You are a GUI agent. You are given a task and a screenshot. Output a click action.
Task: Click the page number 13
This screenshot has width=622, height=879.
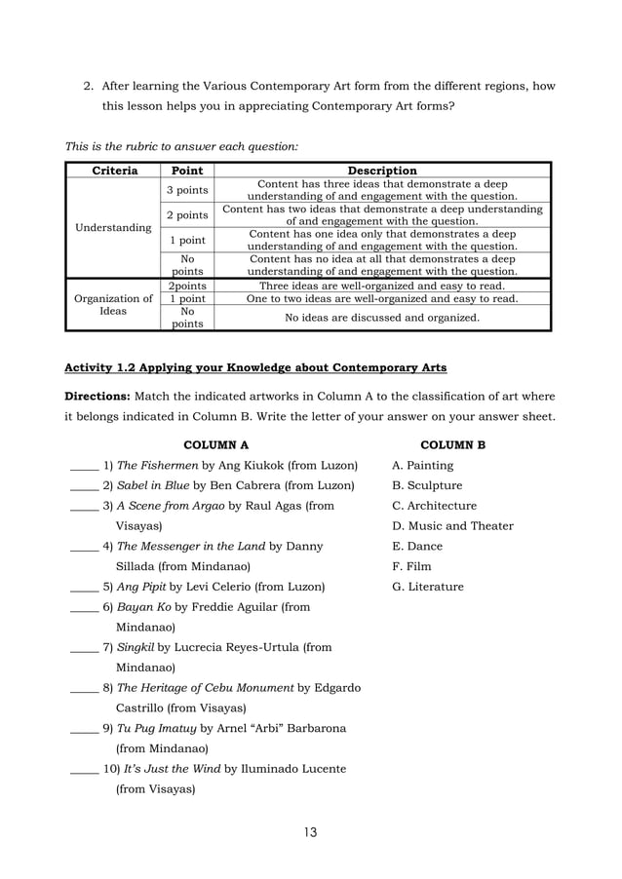(x=310, y=831)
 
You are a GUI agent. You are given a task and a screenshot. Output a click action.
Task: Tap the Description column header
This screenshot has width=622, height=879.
(x=381, y=171)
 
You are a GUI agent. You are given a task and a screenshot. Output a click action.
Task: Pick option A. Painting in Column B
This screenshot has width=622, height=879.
(x=422, y=466)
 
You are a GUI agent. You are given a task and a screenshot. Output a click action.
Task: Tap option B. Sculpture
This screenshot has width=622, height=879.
(x=427, y=485)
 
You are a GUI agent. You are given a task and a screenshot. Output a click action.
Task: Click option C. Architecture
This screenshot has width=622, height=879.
(x=434, y=506)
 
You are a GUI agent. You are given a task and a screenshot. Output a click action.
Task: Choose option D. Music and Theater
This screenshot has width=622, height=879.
(x=452, y=526)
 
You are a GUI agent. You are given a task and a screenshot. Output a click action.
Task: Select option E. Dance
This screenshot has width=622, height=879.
(x=416, y=547)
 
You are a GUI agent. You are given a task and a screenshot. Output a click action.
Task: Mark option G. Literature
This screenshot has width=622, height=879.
(x=428, y=587)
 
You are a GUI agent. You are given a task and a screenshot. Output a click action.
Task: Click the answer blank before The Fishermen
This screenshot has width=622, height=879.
(x=84, y=467)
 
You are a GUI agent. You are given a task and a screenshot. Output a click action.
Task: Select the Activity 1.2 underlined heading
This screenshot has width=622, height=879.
(x=254, y=367)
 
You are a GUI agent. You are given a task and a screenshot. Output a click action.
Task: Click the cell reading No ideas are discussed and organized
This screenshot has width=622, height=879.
(x=381, y=317)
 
